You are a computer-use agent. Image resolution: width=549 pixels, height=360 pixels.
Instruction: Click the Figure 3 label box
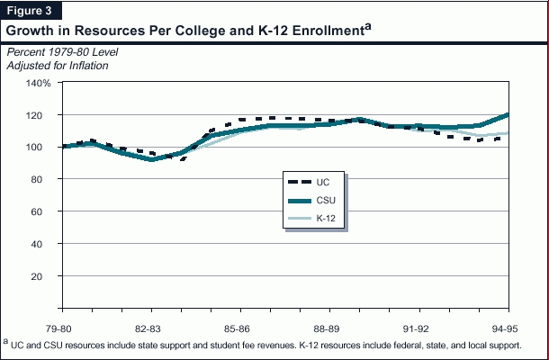click(29, 10)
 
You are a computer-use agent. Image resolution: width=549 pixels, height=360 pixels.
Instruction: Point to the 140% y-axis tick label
click(40, 83)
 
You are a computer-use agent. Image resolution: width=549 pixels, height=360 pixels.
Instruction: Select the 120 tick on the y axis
click(42, 115)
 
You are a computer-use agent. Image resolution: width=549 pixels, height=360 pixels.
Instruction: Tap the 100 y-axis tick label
click(42, 148)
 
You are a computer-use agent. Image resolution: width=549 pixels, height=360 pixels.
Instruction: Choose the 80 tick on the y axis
click(45, 179)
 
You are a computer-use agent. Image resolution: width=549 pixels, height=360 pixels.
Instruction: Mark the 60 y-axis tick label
click(45, 211)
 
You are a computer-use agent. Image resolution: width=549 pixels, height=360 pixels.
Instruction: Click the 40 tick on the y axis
click(45, 244)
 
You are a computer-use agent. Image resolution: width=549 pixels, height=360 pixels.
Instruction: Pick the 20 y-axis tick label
click(45, 276)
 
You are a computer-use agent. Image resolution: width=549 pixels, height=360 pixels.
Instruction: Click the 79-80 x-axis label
click(60, 327)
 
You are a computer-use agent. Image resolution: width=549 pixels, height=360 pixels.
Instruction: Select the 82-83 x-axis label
click(148, 327)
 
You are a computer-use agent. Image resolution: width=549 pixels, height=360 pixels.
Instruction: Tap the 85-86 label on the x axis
click(238, 327)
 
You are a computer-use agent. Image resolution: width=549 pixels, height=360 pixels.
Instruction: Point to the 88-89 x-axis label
click(326, 327)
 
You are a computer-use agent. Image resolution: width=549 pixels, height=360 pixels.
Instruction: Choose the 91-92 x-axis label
click(415, 327)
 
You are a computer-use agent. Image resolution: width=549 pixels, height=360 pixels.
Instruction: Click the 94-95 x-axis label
click(503, 327)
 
